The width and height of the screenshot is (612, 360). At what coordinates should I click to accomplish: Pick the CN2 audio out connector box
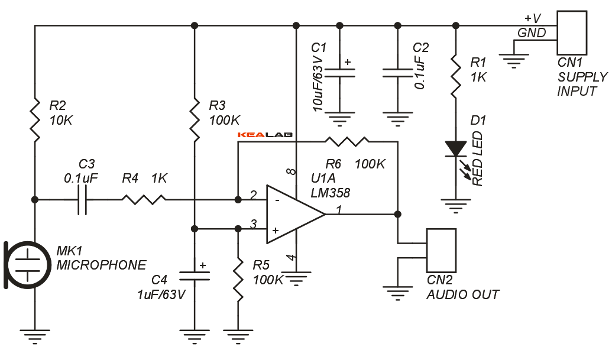tap(441, 251)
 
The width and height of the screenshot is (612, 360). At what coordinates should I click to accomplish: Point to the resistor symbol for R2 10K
tap(35, 119)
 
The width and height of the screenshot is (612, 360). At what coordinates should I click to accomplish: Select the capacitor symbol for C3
tap(83, 200)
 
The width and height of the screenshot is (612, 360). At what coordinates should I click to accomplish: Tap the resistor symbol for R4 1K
tap(144, 200)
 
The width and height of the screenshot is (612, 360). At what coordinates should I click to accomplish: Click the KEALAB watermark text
tap(265, 135)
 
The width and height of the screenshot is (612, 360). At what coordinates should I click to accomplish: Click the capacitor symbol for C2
tap(396, 72)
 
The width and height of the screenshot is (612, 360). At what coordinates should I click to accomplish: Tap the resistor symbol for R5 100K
tap(238, 281)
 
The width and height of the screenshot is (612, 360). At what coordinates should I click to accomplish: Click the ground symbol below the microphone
tap(35, 337)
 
